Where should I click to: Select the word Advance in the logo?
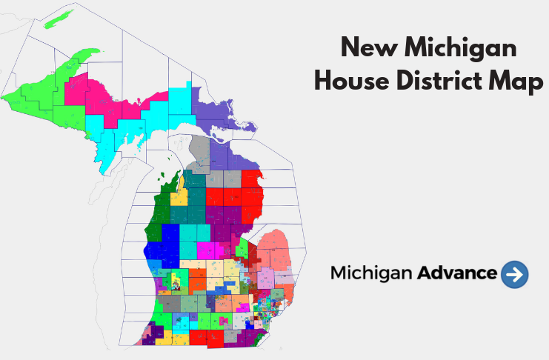(457, 273)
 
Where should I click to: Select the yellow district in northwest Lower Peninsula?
(179, 199)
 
